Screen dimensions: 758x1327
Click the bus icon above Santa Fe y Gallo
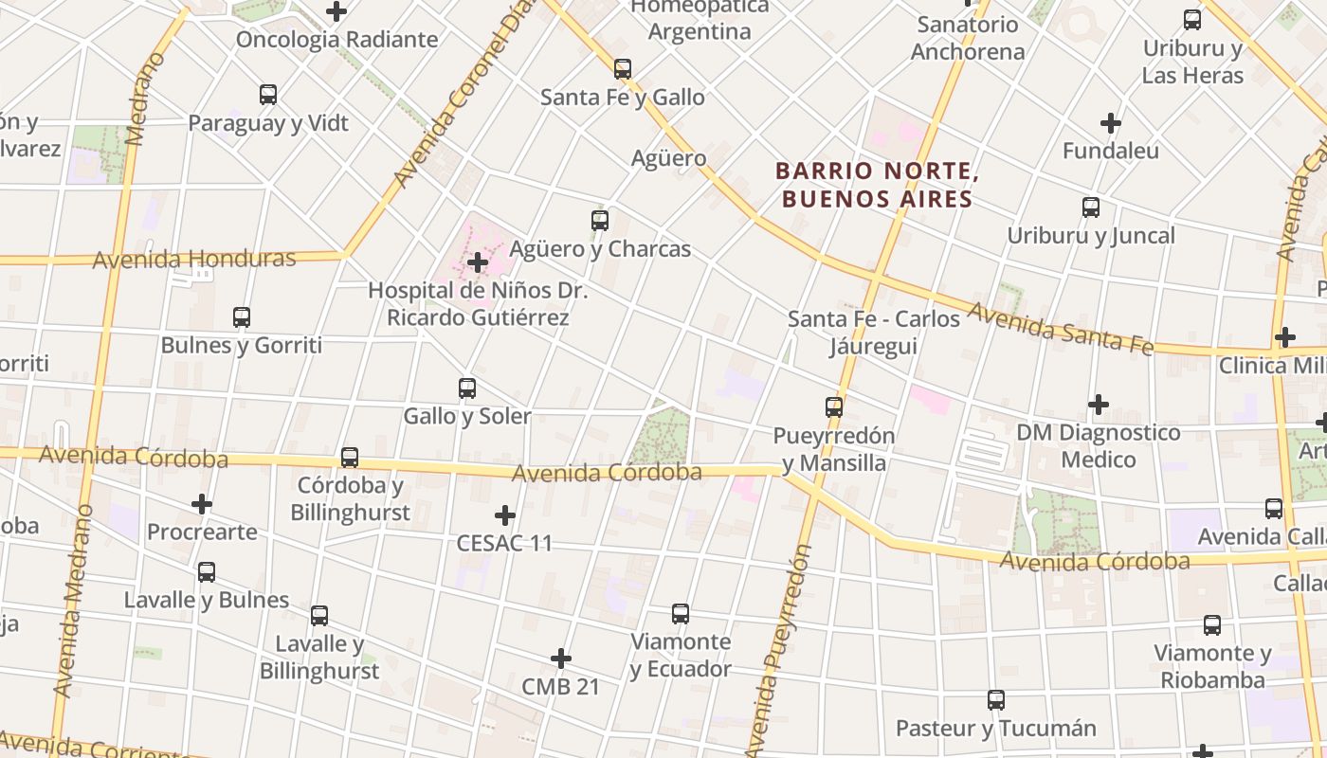click(622, 69)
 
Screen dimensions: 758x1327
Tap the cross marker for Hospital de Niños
click(478, 262)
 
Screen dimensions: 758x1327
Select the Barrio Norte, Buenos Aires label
click(876, 185)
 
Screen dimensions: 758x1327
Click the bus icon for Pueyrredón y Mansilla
click(833, 407)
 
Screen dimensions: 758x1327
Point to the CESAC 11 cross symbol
click(505, 515)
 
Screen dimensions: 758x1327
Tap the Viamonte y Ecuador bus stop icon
click(680, 614)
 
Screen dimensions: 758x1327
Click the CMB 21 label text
click(561, 687)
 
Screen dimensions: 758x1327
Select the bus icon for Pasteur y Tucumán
click(995, 700)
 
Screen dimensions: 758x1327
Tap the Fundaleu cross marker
click(1110, 123)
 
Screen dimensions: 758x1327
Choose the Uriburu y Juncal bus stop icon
click(1090, 208)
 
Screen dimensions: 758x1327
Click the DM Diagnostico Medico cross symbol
click(1098, 405)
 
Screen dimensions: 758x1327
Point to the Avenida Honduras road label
click(194, 259)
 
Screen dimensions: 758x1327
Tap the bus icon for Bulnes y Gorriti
click(241, 317)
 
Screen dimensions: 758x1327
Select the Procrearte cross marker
click(201, 504)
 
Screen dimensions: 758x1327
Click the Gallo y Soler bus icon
click(466, 388)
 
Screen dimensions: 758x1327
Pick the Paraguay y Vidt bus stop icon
click(267, 95)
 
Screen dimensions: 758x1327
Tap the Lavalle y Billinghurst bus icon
click(318, 616)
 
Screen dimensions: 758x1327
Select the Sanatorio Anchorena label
click(968, 38)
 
